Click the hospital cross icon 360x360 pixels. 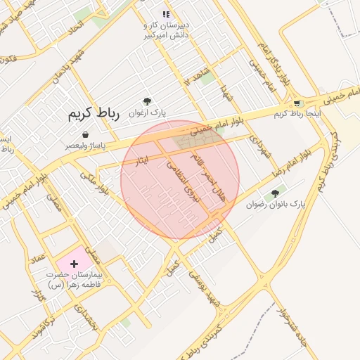(x=75, y=263)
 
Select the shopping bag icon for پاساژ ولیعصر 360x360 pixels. (x=85, y=134)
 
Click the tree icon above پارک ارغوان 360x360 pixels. (x=147, y=102)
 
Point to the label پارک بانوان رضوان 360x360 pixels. (x=276, y=205)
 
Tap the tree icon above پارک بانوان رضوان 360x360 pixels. (x=275, y=193)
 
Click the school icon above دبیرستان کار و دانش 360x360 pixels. (x=167, y=13)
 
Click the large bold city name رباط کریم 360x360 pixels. (x=94, y=114)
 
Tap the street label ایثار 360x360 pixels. (x=143, y=162)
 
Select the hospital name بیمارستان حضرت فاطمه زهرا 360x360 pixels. (x=75, y=281)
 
